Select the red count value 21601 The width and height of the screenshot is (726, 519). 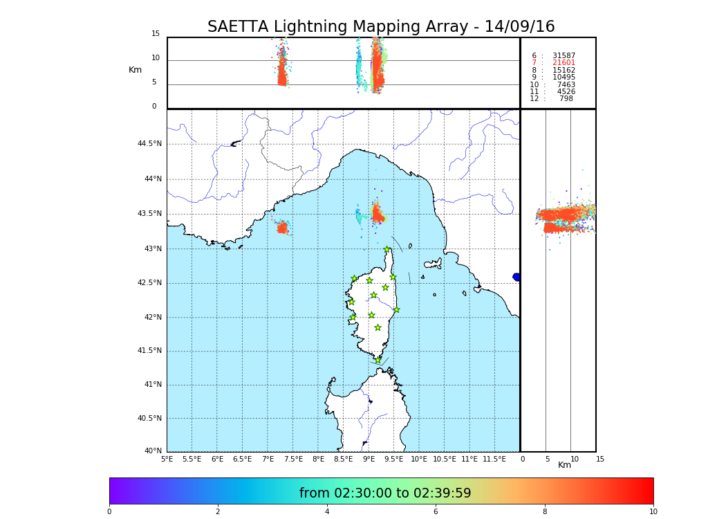click(564, 63)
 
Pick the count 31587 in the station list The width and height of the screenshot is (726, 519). click(564, 56)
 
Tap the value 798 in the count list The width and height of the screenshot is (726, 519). click(566, 99)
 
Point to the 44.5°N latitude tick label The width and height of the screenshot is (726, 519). click(149, 144)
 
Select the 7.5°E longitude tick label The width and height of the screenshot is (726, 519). click(293, 459)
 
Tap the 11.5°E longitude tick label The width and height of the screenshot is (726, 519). click(494, 459)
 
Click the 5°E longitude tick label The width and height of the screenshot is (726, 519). click(167, 459)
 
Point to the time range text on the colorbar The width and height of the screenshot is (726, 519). click(385, 493)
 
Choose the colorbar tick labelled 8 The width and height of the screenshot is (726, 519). click(545, 512)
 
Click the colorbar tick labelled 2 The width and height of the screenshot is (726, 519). click(218, 512)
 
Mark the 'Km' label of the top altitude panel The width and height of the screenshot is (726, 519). click(135, 70)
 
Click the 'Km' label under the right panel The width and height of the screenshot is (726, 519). click(565, 465)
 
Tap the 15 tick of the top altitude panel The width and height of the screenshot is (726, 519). click(156, 34)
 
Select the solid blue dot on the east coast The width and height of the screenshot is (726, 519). click(516, 277)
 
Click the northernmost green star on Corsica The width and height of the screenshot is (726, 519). click(387, 250)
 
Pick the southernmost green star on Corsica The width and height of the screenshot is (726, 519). click(378, 360)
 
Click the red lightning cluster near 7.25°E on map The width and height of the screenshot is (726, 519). click(282, 228)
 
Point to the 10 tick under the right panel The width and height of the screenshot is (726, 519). click(575, 459)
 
